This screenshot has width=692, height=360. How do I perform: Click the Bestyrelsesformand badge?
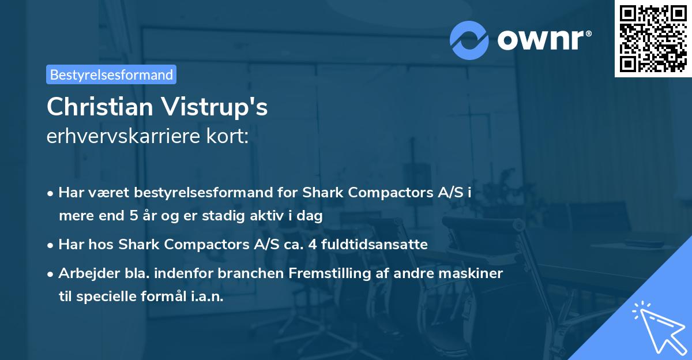pos(111,74)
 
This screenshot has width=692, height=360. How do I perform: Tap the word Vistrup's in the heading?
pos(214,107)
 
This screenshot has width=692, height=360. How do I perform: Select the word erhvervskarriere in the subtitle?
pos(123,136)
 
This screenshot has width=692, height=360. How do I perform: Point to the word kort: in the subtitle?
pos(227,136)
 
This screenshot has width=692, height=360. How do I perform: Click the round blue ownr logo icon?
pos(469,40)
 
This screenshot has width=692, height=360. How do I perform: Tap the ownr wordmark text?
pos(544,40)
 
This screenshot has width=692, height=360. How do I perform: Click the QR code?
pos(653,39)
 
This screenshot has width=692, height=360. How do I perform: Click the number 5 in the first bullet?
pos(134,215)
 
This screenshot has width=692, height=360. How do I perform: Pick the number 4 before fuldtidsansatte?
pos(313,245)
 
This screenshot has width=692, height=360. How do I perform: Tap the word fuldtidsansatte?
pos(374,245)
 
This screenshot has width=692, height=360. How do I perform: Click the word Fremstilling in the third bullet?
pos(330,273)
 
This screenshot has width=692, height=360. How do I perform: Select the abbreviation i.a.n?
pos(207,297)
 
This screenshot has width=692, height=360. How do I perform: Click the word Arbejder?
pos(89,273)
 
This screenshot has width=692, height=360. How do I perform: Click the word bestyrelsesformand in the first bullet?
pos(203,193)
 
